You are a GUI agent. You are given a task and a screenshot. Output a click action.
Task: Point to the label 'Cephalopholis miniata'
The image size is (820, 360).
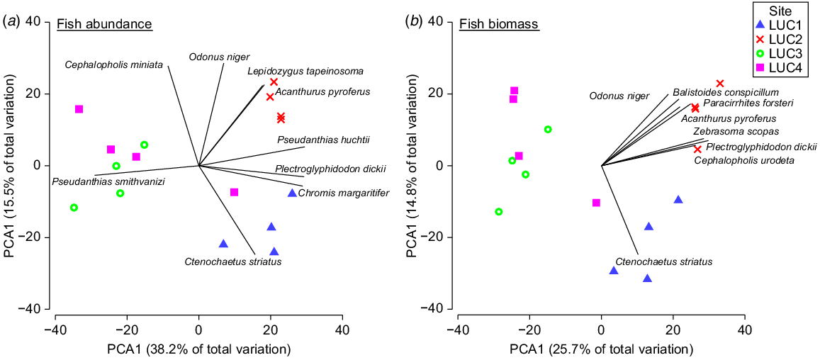114,65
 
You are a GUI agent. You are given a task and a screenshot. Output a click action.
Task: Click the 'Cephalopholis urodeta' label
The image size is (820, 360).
743,160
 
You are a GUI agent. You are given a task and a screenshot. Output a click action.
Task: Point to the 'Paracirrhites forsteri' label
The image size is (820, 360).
748,103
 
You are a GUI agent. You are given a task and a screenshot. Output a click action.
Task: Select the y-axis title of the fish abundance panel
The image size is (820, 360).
11,166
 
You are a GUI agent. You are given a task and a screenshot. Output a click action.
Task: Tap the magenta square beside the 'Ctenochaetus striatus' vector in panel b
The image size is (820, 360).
596,203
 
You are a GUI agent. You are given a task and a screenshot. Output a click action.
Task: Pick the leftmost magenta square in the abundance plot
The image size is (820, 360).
79,109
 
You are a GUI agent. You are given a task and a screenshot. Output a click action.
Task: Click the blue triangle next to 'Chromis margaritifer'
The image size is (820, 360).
292,193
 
